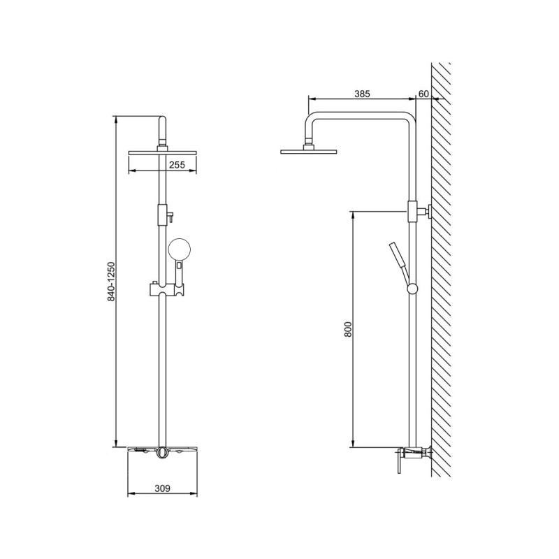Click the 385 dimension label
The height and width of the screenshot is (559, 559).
click(362, 94)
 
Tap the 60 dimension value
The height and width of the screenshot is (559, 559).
click(423, 94)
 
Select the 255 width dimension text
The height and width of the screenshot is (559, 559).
click(177, 165)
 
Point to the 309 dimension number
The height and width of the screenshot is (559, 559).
click(163, 488)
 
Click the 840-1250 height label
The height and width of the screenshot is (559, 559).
click(111, 282)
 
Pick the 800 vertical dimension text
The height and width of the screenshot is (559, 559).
click(348, 329)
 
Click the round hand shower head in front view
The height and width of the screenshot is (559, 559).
click(180, 249)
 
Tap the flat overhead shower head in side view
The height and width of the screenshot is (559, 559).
click(308, 152)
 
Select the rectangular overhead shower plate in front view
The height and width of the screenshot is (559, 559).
click(163, 153)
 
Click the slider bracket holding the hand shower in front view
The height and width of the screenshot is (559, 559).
click(167, 289)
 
